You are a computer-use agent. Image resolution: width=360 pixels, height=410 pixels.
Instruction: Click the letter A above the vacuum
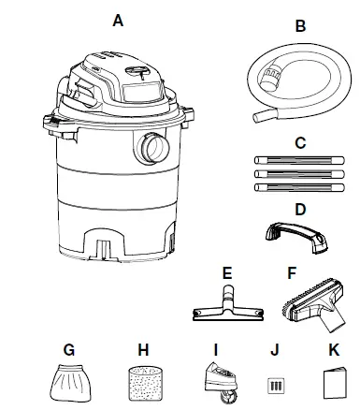pos(118,20)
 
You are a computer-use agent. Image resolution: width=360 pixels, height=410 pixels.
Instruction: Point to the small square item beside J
pos(275,384)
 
